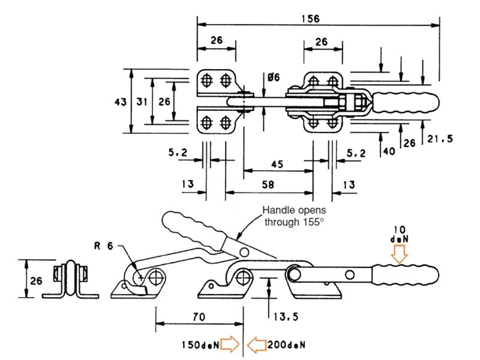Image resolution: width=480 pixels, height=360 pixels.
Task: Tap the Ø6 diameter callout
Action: pyautogui.click(x=274, y=77)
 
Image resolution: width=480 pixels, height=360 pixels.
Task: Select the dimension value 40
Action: pyautogui.click(x=389, y=151)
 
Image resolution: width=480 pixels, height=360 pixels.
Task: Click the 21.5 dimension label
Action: pyautogui.click(x=439, y=139)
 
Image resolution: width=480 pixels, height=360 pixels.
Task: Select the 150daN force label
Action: pyautogui.click(x=199, y=345)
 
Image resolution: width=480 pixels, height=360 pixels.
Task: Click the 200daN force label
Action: pyautogui.click(x=287, y=345)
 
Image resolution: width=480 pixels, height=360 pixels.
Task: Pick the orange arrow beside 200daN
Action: pyautogui.click(x=257, y=344)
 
